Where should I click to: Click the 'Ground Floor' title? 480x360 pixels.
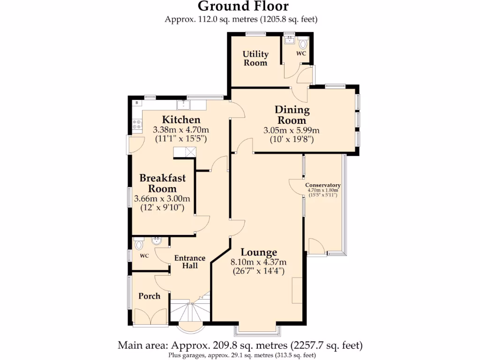243,7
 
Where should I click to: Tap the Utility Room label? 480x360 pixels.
255,59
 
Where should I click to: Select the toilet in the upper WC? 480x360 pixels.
303,45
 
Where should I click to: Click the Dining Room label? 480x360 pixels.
292,115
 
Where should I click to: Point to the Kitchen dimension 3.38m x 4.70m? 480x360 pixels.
181,130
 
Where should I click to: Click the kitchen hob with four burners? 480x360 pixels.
137,124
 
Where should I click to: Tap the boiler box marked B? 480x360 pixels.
137,103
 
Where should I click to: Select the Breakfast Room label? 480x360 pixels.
162,183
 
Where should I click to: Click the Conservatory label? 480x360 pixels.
322,185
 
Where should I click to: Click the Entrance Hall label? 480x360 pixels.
190,262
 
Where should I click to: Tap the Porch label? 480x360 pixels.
149,296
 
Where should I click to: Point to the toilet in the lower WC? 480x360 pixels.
138,244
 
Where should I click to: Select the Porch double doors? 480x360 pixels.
150,316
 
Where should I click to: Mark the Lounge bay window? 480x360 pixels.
258,330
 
